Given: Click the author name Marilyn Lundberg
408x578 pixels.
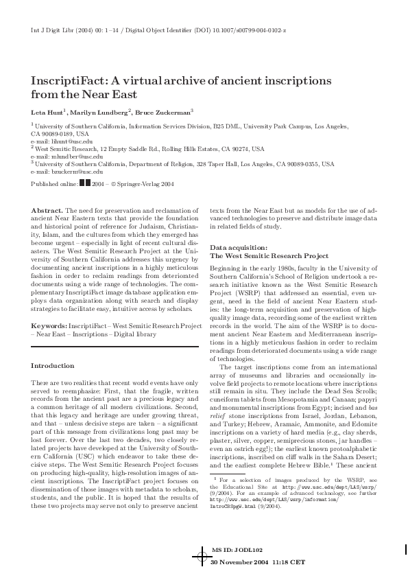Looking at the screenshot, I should pos(101,111).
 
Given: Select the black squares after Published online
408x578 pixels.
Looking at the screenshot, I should pos(84,183).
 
